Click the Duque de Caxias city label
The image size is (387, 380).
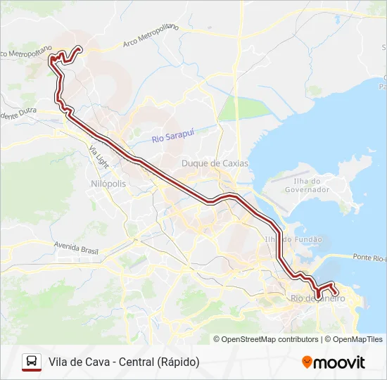pyautogui.click(x=215, y=163)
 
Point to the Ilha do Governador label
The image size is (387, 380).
pyautogui.click(x=307, y=185)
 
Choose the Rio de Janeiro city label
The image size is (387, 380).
pyautogui.click(x=317, y=299)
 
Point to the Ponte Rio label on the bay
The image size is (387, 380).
pyautogui.click(x=369, y=258)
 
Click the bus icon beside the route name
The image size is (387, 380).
pyautogui.click(x=32, y=362)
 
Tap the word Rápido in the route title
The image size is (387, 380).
pyautogui.click(x=178, y=362)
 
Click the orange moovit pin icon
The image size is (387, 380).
pyautogui.click(x=307, y=362)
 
